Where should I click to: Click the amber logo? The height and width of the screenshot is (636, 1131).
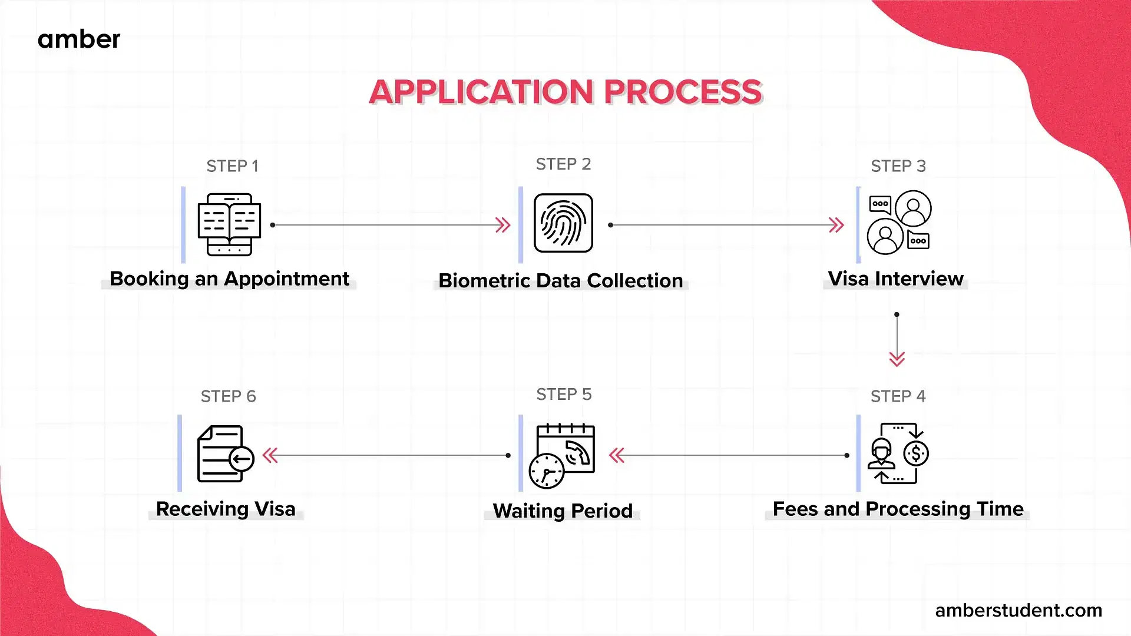point(79,39)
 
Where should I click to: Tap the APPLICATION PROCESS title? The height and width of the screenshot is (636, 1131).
point(565,92)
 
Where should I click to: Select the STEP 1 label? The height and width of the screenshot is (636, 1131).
point(232,166)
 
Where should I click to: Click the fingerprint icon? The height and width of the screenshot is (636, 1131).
point(563,223)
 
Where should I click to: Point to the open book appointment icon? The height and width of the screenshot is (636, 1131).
point(229,224)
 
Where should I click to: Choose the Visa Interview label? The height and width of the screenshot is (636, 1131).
point(895,279)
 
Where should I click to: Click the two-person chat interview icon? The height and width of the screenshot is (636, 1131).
point(899,222)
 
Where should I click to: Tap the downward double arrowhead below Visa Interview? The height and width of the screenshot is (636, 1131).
point(897,359)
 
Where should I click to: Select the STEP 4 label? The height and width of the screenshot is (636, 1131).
point(898,396)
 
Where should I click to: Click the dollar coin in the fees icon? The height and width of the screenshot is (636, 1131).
point(916,453)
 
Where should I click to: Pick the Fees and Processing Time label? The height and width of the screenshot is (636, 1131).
point(898,509)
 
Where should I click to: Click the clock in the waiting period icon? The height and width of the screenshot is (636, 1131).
point(546,471)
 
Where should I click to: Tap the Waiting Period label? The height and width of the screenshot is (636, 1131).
point(563,511)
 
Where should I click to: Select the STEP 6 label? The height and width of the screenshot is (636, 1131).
point(228,396)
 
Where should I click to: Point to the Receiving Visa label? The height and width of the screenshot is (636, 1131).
point(226,509)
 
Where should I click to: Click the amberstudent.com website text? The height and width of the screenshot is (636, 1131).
point(1018,610)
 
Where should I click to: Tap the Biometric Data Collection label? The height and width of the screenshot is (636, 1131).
point(561,281)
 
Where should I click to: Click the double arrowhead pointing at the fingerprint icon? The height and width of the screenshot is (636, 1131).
point(502,225)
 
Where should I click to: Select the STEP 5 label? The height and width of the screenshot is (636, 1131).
point(564,395)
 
